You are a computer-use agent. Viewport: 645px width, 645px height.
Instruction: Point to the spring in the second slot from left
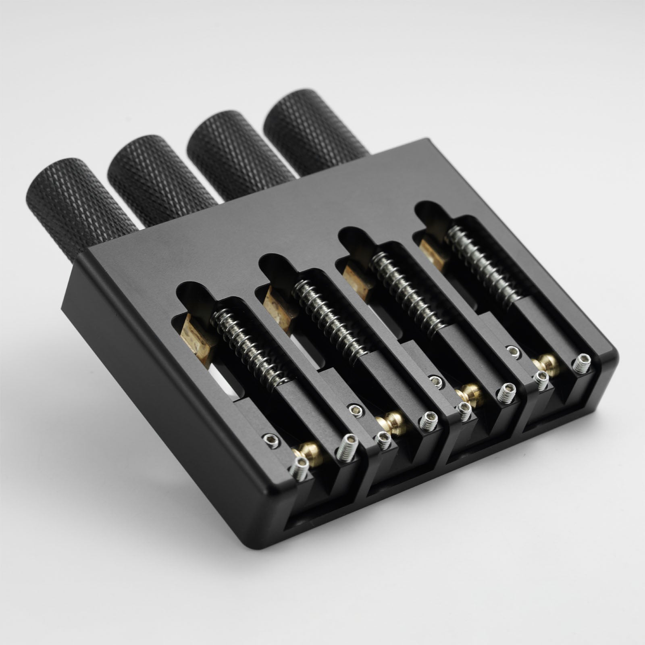point(329,318)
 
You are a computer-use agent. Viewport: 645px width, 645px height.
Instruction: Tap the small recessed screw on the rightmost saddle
point(513,352)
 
